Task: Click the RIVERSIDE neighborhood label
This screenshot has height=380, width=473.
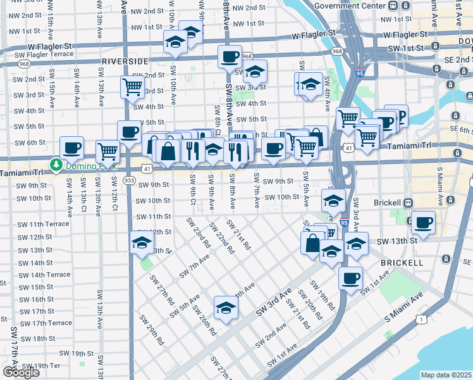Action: (125, 61)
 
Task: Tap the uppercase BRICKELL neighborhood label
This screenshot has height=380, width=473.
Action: (402, 262)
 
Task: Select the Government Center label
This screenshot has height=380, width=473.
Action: (350, 6)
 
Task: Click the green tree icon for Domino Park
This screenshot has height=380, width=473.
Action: (56, 165)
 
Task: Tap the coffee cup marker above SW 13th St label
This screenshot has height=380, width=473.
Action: (424, 223)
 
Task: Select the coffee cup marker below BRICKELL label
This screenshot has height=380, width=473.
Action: (350, 277)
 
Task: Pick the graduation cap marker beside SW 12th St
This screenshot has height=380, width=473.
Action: (142, 242)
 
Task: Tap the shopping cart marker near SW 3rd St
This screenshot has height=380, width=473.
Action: (132, 85)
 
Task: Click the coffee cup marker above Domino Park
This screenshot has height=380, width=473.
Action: (72, 147)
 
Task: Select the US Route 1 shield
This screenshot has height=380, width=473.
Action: (421, 320)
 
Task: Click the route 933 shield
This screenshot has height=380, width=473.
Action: (129, 180)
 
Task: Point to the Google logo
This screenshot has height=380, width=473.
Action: (21, 372)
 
